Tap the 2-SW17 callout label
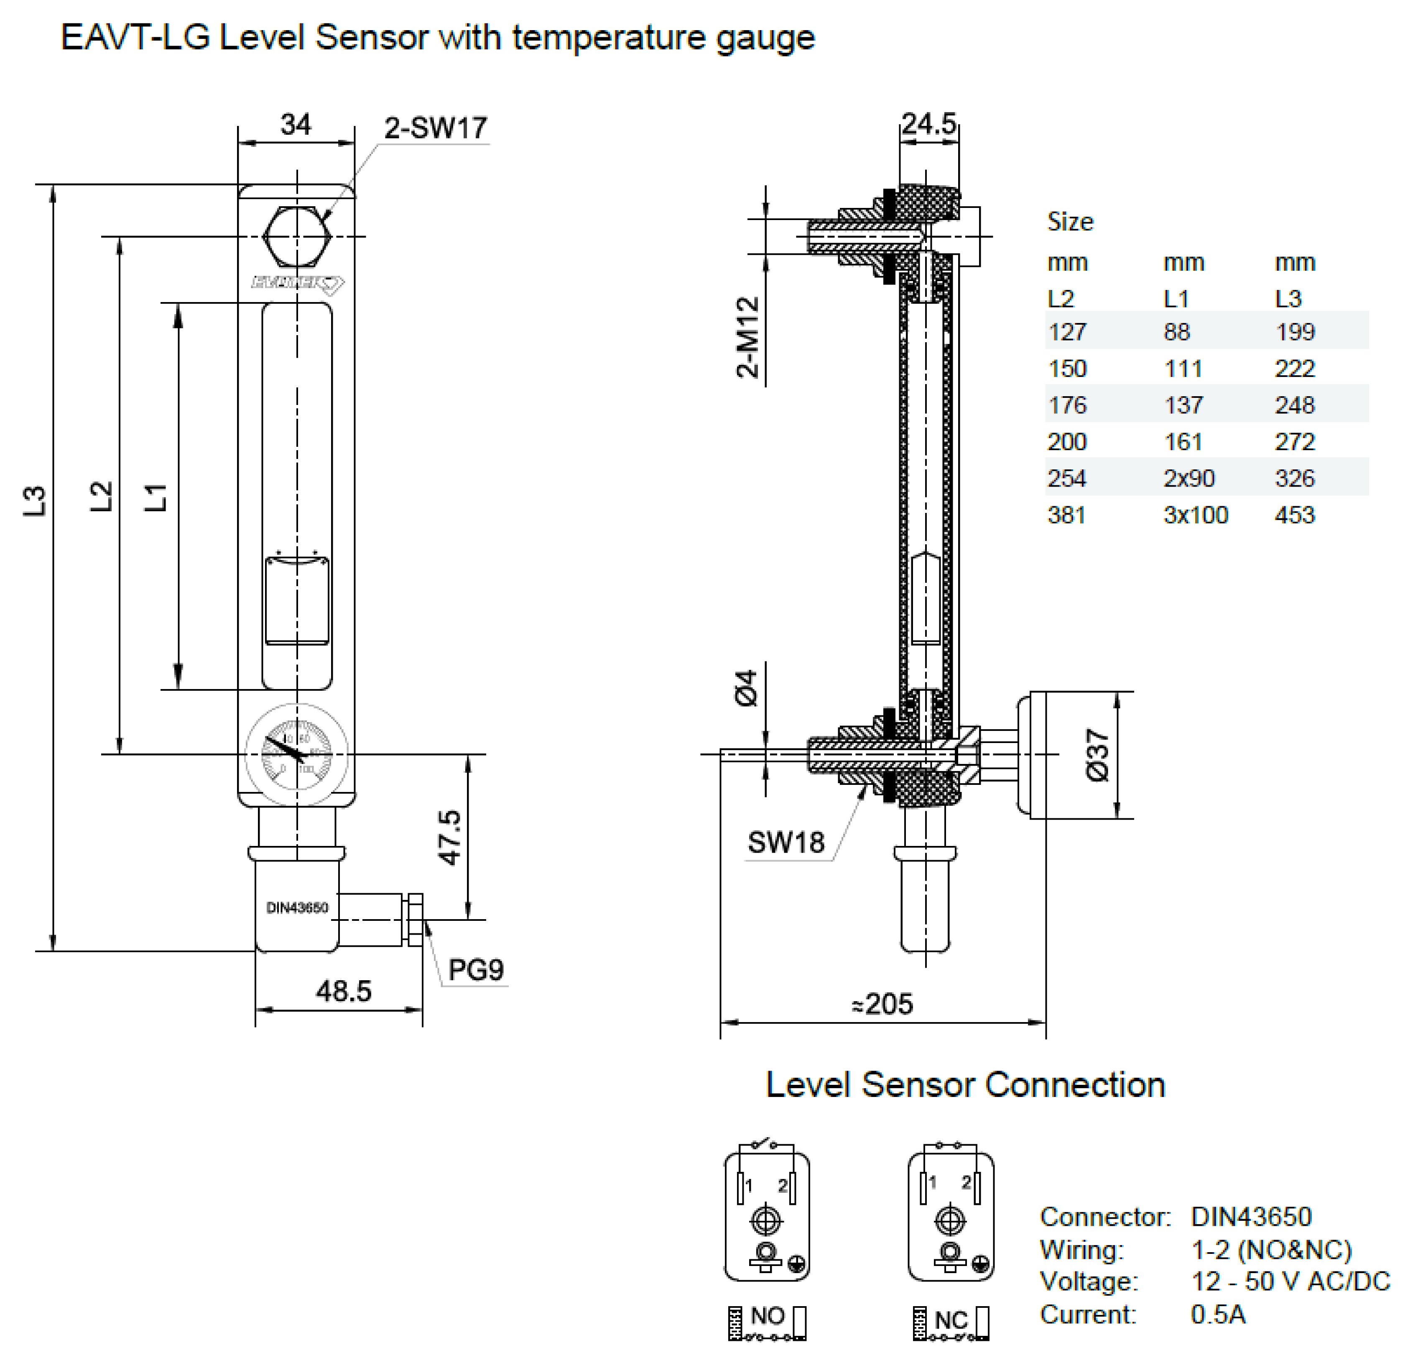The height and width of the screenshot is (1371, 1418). [x=436, y=128]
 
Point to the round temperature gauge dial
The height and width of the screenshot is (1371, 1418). [x=297, y=754]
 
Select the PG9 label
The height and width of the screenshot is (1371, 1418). [x=475, y=969]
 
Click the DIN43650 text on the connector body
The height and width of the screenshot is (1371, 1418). [x=297, y=907]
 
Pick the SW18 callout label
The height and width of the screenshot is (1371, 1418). [x=786, y=842]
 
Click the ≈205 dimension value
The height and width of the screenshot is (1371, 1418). [x=882, y=1004]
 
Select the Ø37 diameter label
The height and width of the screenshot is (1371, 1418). [x=1097, y=755]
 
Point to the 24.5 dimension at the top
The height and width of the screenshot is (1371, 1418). [x=929, y=124]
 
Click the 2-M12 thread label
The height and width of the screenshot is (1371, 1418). [x=748, y=337]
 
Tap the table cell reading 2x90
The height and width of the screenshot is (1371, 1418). [x=1188, y=478]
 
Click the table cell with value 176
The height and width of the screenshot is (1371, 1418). [x=1067, y=405]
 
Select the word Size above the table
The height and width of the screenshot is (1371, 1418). [x=1070, y=221]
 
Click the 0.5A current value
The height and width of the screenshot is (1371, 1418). [x=1218, y=1314]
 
